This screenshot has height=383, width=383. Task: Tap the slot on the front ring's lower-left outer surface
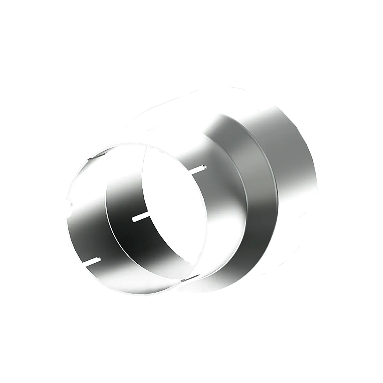pyautogui.click(x=92, y=260)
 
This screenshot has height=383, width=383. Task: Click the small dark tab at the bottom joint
pyautogui.click(x=190, y=277)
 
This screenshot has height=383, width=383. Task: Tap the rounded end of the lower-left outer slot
pyautogui.click(x=98, y=259)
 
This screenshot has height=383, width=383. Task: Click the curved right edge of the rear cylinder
pyautogui.click(x=316, y=179)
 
